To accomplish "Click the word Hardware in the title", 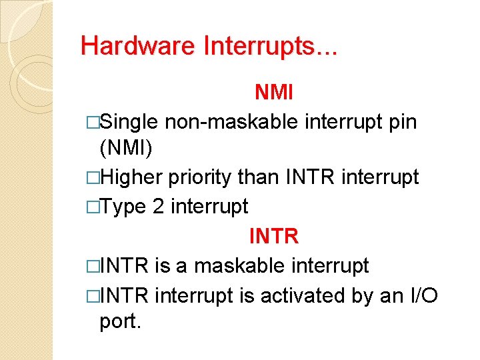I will (x=138, y=45).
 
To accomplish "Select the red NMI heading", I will (x=273, y=93).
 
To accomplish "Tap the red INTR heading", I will (x=273, y=236).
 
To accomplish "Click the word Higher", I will (x=132, y=177).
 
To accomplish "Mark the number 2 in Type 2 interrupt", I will (x=159, y=207).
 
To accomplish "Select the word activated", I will (x=305, y=295).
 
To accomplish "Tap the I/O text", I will (x=421, y=295).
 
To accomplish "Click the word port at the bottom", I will (x=120, y=323).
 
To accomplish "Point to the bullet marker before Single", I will (x=93, y=123).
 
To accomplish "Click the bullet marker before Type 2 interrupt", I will (x=93, y=207).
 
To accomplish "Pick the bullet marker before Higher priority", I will (x=93, y=178).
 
